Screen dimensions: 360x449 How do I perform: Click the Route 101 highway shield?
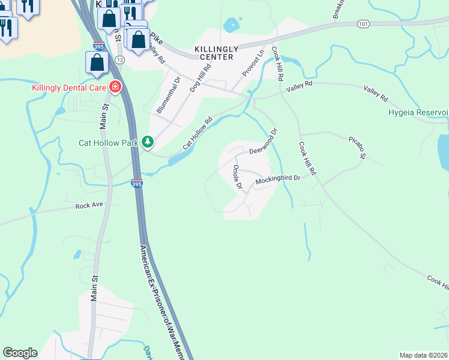tap(362, 24)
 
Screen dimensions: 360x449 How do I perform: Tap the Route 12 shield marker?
tap(120, 60)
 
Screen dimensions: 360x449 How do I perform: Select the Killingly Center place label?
tap(213, 53)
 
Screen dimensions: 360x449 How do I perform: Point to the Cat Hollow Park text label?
tap(109, 143)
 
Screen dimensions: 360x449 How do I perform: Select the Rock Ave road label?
tap(89, 206)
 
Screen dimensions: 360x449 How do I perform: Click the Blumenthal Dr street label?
tap(169, 95)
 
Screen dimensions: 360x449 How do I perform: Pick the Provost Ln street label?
tap(253, 63)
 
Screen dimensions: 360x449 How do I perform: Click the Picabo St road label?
tap(357, 148)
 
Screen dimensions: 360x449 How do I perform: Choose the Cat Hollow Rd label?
tap(198, 133)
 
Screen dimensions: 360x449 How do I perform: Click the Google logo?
tap(20, 353)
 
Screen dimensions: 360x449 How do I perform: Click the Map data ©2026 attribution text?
tap(423, 355)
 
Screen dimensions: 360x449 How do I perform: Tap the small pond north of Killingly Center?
tap(231, 25)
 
